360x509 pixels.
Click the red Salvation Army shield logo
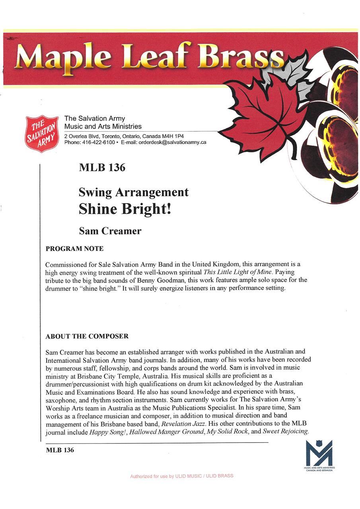42,134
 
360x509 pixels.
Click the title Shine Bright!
125,209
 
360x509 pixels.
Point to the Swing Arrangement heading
134,192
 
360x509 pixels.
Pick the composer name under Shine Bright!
110,231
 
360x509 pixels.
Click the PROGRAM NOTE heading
74,249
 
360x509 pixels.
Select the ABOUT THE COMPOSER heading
87,336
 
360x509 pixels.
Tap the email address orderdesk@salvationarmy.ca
172,142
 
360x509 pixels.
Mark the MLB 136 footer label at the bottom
60,451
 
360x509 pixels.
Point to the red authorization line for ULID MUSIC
182,476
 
